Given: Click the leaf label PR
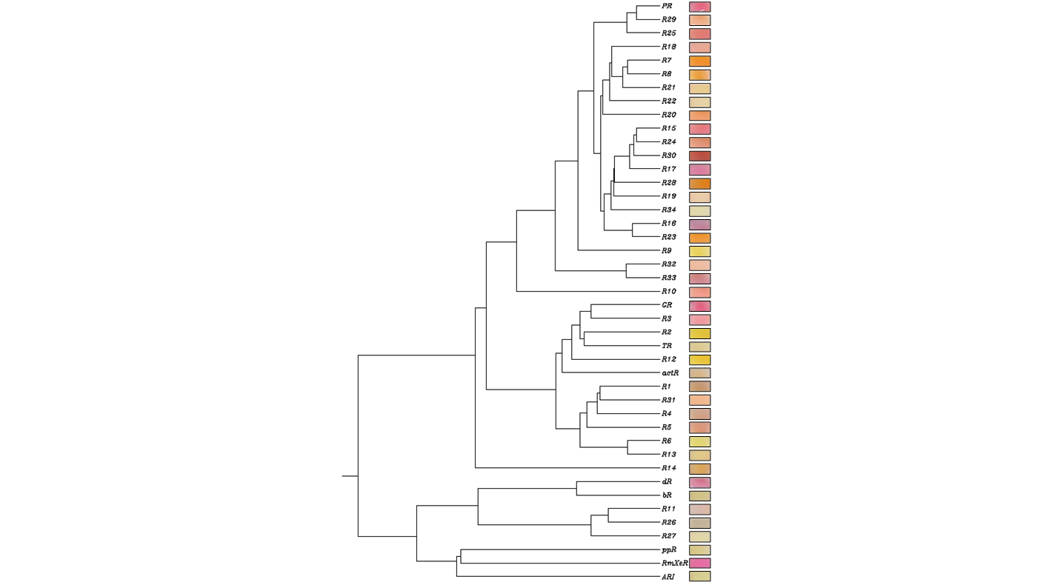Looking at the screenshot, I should (x=667, y=6).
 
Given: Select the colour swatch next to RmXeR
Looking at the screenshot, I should (x=699, y=564).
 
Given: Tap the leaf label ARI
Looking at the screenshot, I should (x=668, y=577).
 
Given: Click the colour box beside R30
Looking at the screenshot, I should (x=699, y=156).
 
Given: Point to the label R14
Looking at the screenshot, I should (x=669, y=468).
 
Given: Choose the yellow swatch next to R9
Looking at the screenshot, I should (x=699, y=251).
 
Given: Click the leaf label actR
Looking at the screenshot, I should (x=670, y=373).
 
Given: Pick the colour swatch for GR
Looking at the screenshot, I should (x=699, y=306).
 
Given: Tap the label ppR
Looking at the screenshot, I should (x=669, y=550).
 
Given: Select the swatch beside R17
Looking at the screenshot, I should (x=699, y=170).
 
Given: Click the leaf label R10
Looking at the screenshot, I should (x=669, y=292).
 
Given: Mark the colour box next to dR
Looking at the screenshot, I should (x=699, y=482).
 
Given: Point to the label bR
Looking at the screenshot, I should (x=667, y=495).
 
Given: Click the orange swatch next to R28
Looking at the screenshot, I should (x=699, y=184).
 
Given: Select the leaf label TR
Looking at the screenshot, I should (x=667, y=346).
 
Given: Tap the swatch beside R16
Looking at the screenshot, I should (x=699, y=224).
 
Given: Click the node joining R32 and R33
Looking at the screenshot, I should (x=627, y=271).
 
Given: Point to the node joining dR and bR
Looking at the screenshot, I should (x=577, y=489).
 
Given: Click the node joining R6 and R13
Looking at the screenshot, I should (x=627, y=448).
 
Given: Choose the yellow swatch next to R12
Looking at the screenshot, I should (x=699, y=360).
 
